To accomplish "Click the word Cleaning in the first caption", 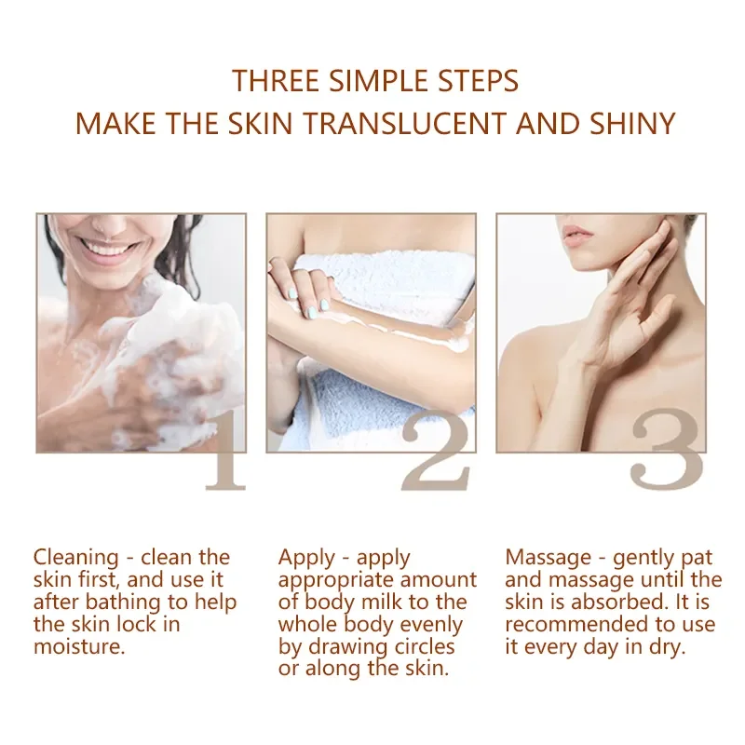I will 76,558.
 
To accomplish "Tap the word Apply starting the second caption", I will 306,558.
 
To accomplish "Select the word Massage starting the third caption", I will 549,558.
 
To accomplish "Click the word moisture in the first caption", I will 79,646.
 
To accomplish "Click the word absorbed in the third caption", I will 614,602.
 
